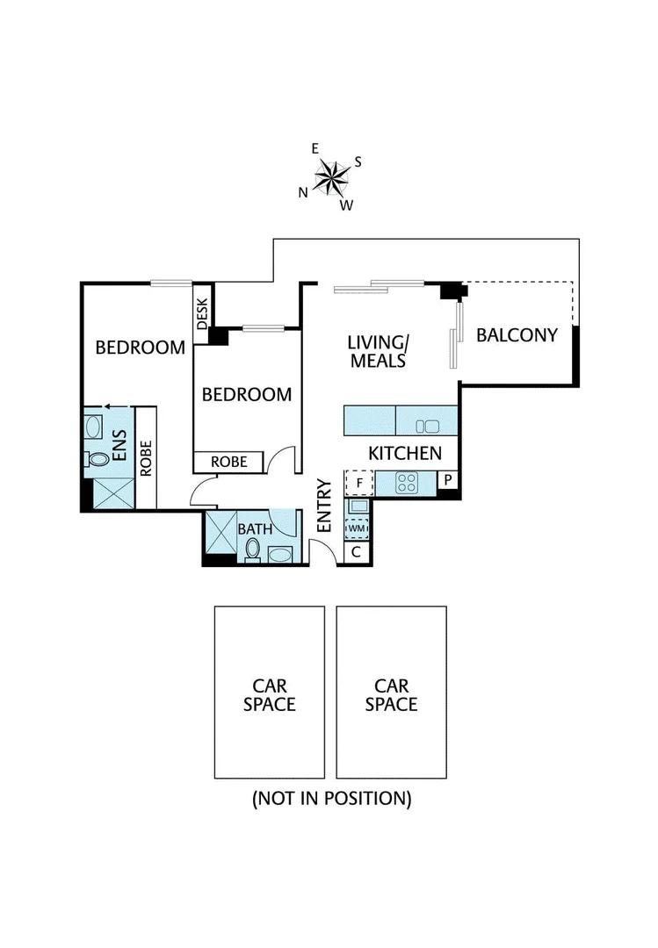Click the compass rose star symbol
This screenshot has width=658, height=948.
(x=333, y=177)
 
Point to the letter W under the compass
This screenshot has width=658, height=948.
(x=346, y=205)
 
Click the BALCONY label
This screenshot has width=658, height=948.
(x=517, y=334)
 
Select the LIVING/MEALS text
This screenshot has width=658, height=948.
(x=378, y=351)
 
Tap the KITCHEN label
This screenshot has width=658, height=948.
(x=404, y=454)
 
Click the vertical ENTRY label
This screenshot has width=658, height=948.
(x=323, y=506)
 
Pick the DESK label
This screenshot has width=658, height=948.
(x=202, y=312)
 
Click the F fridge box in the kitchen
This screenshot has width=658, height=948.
(x=358, y=482)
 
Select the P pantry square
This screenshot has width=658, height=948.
(x=448, y=480)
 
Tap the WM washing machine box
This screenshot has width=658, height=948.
(x=358, y=528)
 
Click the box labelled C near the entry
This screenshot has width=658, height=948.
(x=358, y=552)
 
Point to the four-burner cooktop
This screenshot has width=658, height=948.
(x=408, y=482)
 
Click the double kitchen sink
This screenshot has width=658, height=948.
(x=427, y=427)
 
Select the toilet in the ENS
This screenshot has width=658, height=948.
(x=97, y=459)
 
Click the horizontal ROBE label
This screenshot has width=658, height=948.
(x=228, y=462)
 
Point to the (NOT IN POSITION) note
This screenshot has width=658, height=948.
(x=331, y=799)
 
